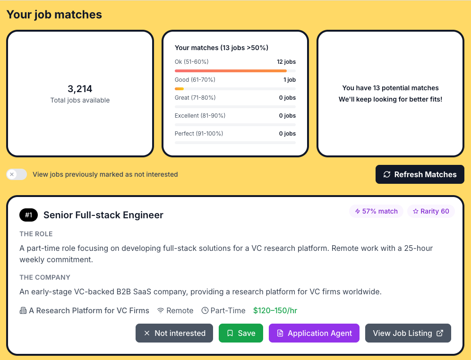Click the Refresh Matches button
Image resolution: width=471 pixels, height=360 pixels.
(x=420, y=174)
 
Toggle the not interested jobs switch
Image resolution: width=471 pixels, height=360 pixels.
(x=17, y=174)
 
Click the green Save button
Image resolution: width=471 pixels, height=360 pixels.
(x=240, y=333)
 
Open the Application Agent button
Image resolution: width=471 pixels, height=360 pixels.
(x=314, y=333)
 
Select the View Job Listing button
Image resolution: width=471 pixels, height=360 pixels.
(x=408, y=333)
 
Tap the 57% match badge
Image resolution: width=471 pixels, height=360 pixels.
(x=376, y=211)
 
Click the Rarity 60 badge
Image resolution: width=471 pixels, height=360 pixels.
(x=431, y=211)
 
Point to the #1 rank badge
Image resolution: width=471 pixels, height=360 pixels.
(x=29, y=215)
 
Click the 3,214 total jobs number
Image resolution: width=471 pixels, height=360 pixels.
(x=80, y=89)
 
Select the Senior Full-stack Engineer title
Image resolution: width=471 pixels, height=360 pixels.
(x=103, y=215)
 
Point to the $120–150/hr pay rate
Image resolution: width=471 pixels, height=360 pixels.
(x=275, y=310)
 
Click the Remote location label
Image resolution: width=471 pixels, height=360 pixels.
(x=175, y=310)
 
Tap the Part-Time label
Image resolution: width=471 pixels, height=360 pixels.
(x=223, y=310)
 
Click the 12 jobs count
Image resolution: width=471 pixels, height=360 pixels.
(x=286, y=62)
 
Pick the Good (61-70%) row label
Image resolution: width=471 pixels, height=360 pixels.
(x=195, y=80)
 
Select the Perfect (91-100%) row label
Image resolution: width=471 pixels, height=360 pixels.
(x=199, y=134)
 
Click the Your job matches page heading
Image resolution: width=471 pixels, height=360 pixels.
(x=54, y=15)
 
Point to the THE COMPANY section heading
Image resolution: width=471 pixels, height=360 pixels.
(x=45, y=277)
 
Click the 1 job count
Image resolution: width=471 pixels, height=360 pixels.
(x=290, y=80)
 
